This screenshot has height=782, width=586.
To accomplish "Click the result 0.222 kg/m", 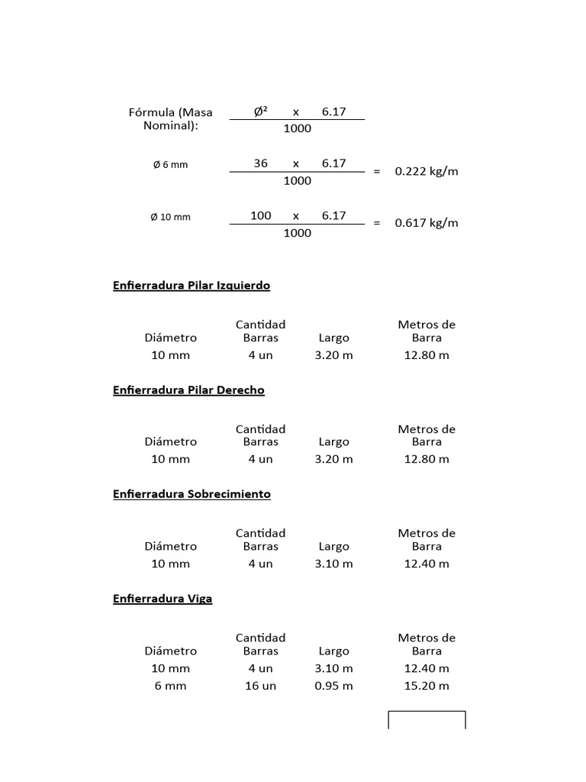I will point(427,171).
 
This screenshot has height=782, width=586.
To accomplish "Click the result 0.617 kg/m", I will point(427,223).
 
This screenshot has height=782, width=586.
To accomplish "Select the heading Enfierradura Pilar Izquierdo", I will point(192,286).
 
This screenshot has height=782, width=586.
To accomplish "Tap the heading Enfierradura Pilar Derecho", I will point(188,390).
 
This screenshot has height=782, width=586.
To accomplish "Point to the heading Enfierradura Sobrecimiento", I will point(192,494).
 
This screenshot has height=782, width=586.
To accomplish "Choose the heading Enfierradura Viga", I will point(163,599).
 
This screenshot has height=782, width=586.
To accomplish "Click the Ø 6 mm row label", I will point(169,165).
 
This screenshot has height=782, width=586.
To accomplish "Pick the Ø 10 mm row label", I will point(170,217).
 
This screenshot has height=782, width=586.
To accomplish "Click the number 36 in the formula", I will point(261,163).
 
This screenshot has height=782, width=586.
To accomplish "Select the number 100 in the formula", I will point(261,215).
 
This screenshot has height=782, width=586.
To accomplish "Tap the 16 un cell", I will point(260,686).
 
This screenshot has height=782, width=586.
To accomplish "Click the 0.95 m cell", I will point(333,686).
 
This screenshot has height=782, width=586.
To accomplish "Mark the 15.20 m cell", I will point(427,686).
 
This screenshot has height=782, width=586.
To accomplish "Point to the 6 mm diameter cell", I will point(170,686).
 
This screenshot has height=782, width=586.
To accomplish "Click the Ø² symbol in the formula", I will point(261,111).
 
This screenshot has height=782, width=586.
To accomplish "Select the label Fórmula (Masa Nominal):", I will point(171,118).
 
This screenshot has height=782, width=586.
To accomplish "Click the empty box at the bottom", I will point(427,720).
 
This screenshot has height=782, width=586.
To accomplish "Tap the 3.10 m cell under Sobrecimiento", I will point(333,564).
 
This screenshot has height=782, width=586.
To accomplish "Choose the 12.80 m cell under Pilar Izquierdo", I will point(427,355).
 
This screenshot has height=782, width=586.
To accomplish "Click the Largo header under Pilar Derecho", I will point(333,441).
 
